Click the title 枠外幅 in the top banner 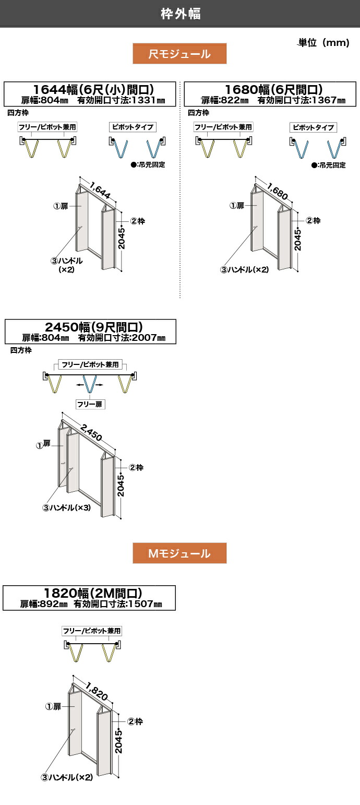tap(180, 14)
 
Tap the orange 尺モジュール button tap(179, 54)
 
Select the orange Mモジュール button tap(179, 553)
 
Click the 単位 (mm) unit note tap(323, 43)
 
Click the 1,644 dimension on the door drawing tap(100, 188)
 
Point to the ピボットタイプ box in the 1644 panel tap(133, 127)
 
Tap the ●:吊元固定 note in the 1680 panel tap(328, 165)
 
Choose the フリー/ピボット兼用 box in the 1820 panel tap(92, 631)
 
